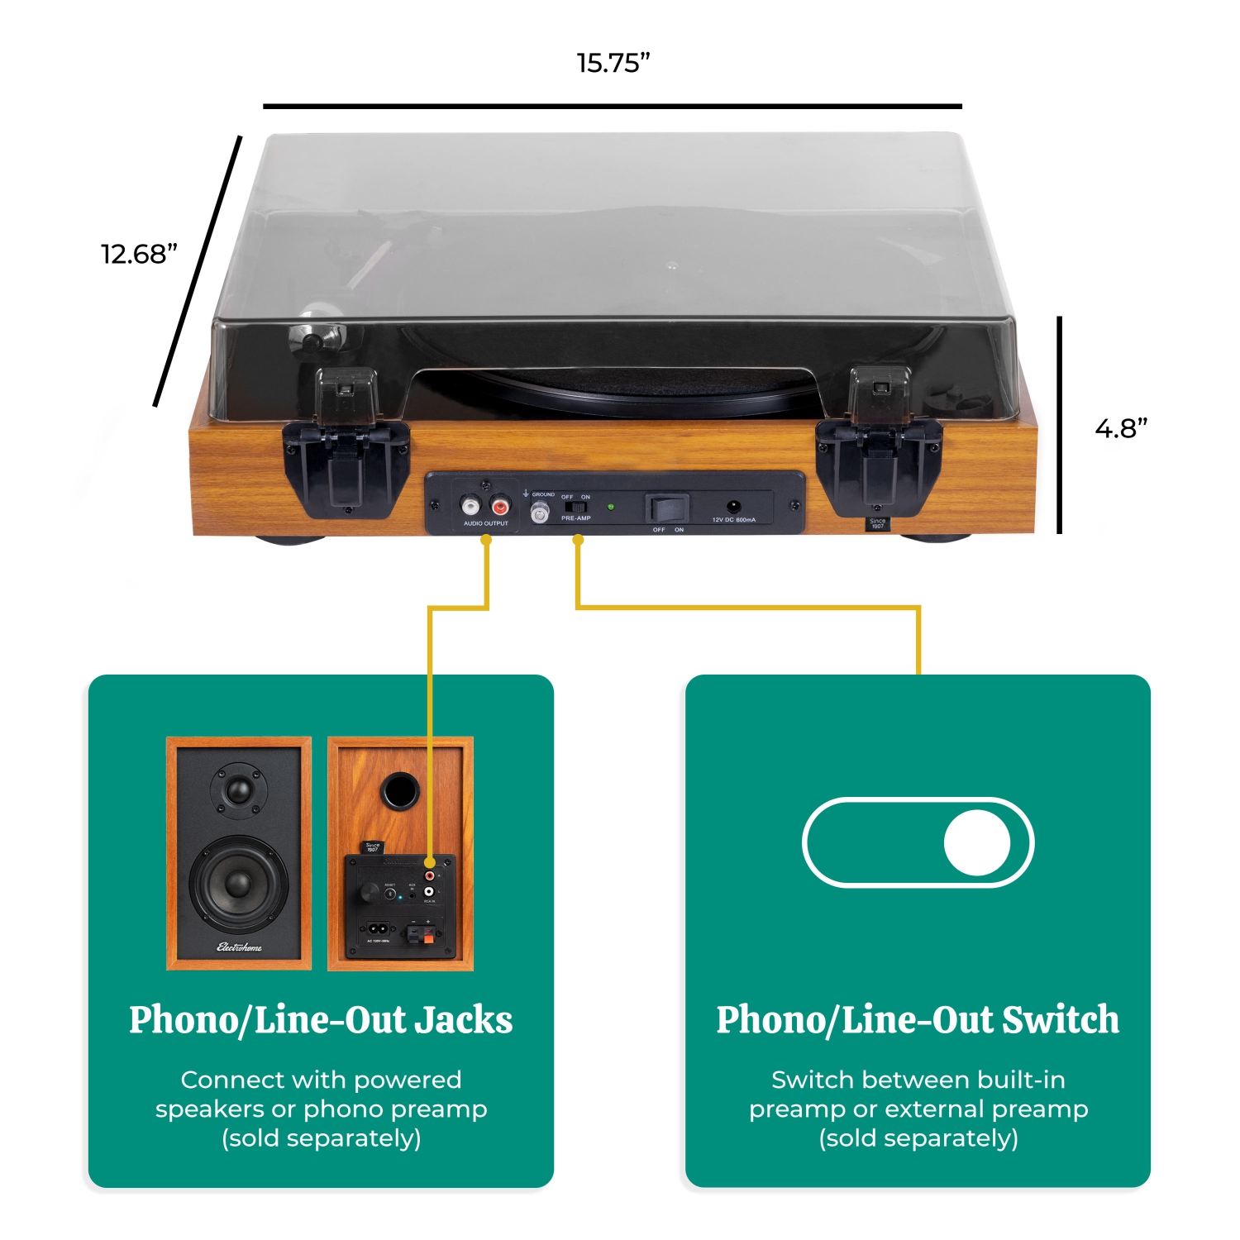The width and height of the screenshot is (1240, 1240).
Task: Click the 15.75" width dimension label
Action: coord(613,63)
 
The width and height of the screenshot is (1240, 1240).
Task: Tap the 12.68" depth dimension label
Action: coord(139,254)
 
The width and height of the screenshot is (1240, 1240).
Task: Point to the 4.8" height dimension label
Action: coord(1121,428)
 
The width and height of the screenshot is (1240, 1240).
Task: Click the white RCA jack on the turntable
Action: coord(470,506)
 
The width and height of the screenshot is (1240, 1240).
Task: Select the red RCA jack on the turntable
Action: coord(500,506)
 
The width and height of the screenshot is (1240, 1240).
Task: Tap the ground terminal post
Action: coord(539,513)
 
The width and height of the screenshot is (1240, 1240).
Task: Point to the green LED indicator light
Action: coord(611,507)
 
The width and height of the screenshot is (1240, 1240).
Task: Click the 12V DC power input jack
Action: coord(733,507)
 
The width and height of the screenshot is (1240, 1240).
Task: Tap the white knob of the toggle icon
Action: coord(977,842)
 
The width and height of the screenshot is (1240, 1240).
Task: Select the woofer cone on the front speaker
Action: coord(238,884)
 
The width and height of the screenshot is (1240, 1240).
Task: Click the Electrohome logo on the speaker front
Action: coord(239,947)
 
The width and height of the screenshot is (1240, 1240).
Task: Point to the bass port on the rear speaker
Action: coord(400,790)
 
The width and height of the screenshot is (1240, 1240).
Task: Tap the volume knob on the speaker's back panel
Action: coord(365,894)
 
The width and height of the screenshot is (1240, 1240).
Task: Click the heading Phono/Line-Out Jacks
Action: coord(321,1020)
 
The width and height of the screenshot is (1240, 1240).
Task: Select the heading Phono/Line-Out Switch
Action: coord(918,1020)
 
